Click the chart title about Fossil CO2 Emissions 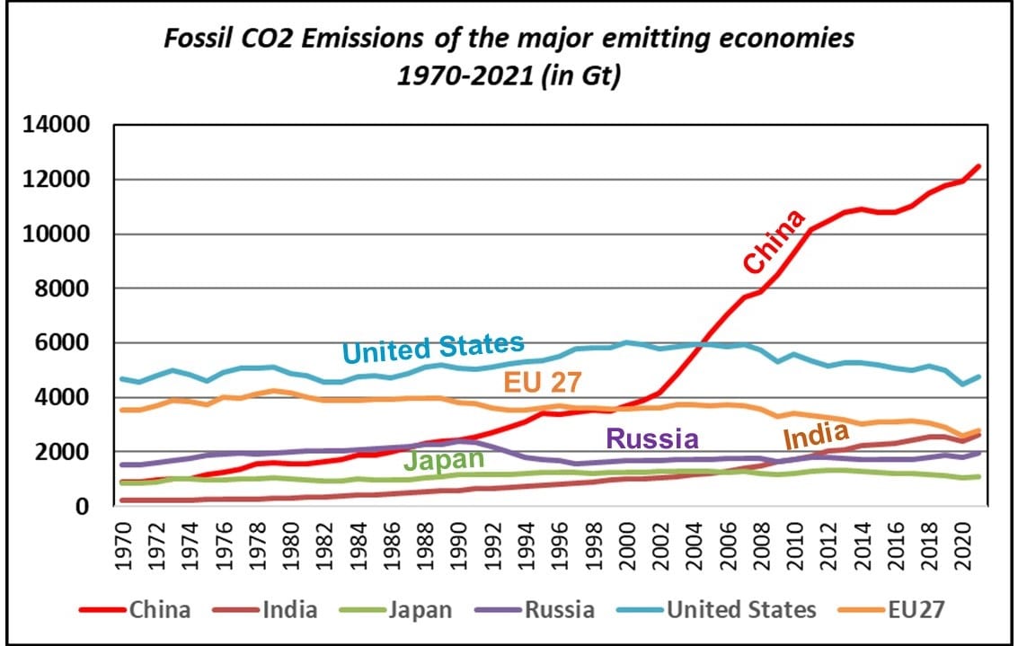coord(509,57)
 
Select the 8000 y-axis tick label coord(56,288)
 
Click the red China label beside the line coord(775,243)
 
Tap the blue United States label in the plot coord(433,348)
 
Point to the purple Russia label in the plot coord(652,438)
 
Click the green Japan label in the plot coord(446,462)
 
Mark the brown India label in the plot coord(816,437)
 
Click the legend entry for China coord(135,609)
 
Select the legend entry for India coord(265,609)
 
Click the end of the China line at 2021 coord(978,165)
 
